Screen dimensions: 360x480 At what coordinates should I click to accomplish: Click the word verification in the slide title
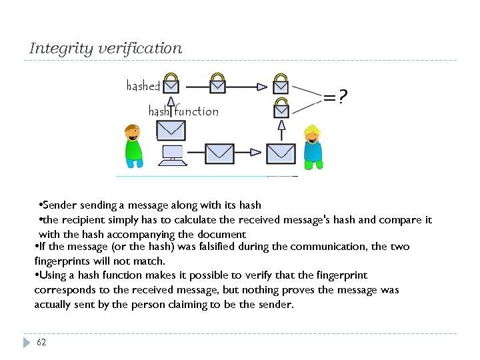point(139,49)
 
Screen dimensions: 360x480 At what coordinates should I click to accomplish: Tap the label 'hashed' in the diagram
point(143,86)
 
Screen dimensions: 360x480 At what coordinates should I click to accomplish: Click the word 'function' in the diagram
point(196,111)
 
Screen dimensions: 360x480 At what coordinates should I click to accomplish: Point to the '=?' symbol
point(335,98)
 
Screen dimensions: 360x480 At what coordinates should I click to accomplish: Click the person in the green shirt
point(134,145)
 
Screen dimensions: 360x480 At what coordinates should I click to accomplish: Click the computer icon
point(173,155)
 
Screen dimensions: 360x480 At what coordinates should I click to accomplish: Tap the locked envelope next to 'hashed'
point(171,83)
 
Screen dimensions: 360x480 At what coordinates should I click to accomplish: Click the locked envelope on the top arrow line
point(217,83)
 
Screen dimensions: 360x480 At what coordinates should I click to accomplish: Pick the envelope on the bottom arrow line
point(219,153)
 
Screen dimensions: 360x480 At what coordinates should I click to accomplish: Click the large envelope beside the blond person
point(281,153)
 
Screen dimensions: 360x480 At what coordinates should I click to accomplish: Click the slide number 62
point(41,342)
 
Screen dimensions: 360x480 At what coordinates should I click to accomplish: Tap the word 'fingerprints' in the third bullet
point(63,261)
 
